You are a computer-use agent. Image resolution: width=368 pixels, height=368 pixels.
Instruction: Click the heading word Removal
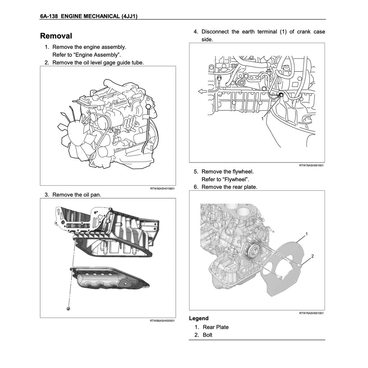[x=56, y=36]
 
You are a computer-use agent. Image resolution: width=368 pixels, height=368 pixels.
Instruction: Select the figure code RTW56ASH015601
[x=162, y=189]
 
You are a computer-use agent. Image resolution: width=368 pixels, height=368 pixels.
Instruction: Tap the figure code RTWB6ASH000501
[x=162, y=321]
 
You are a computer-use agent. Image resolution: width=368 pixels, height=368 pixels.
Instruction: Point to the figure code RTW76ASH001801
[x=311, y=166]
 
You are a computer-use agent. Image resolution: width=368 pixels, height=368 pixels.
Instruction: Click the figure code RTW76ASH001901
[x=311, y=313]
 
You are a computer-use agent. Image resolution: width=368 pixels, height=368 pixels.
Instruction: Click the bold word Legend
[x=198, y=318]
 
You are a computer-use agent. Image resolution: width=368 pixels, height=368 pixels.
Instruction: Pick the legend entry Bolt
[x=207, y=335]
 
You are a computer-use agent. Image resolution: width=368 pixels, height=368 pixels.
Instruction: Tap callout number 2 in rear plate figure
[x=312, y=256]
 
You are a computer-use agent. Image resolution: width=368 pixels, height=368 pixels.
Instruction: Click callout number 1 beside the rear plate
[x=307, y=234]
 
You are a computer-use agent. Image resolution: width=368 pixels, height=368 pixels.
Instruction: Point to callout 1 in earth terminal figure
[x=262, y=118]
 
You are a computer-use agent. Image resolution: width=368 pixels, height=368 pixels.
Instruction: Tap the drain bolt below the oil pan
[x=68, y=308]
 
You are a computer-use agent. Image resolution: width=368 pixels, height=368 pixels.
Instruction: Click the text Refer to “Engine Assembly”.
[x=87, y=55]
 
